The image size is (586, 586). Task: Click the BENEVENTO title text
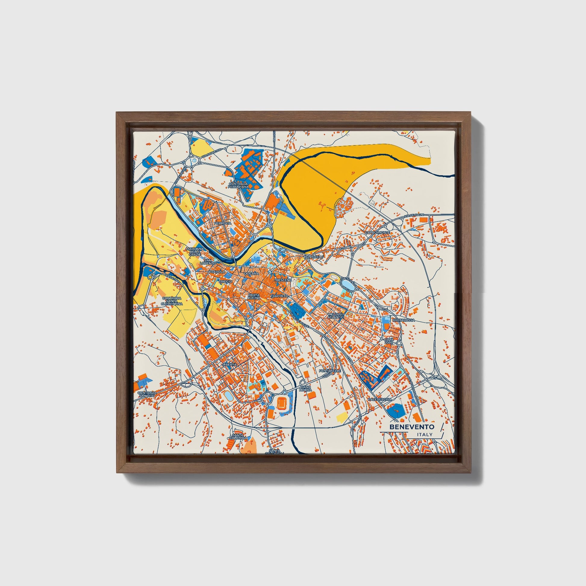tap(412, 427)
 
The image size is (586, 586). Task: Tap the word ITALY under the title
tap(425, 435)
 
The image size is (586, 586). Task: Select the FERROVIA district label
tap(223, 223)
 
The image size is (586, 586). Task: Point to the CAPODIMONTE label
tap(377, 232)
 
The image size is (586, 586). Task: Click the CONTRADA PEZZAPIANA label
tap(238, 185)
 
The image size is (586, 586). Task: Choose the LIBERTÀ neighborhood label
tap(229, 364)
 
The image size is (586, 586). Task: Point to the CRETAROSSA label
tap(404, 320)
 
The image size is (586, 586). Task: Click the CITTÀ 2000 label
tap(388, 341)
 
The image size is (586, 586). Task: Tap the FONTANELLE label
tap(330, 371)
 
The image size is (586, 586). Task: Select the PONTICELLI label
tap(313, 257)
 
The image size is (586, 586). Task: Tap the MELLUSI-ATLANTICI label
tap(336, 316)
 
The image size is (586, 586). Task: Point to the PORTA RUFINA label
tap(254, 296)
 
